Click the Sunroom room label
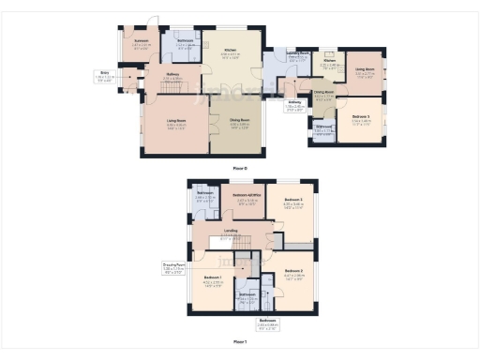pyautogui.click(x=141, y=43)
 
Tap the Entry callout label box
pyautogui.click(x=104, y=75)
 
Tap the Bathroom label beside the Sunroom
pyautogui.click(x=183, y=43)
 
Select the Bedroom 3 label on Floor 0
pyautogui.click(x=361, y=118)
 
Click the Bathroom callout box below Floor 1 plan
pyautogui.click(x=267, y=325)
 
